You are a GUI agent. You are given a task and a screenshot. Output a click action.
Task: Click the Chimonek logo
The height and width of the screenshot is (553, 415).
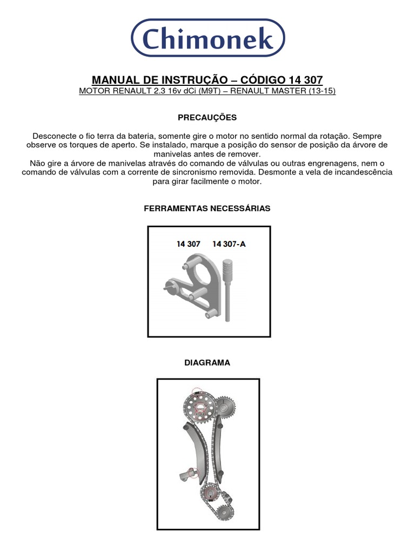click(208, 38)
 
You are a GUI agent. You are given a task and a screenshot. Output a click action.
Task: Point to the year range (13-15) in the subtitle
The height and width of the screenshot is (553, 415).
click(322, 91)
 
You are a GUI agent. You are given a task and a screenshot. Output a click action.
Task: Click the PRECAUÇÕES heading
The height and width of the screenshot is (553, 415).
click(207, 117)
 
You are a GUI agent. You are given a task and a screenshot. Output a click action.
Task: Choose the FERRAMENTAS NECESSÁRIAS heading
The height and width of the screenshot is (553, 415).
click(207, 208)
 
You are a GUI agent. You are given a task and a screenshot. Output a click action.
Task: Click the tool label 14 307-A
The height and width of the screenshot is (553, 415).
click(229, 244)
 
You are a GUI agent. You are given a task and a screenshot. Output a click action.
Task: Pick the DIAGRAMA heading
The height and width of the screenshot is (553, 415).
click(207, 363)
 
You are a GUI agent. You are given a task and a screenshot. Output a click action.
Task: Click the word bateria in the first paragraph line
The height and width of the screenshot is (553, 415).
click(171, 136)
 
